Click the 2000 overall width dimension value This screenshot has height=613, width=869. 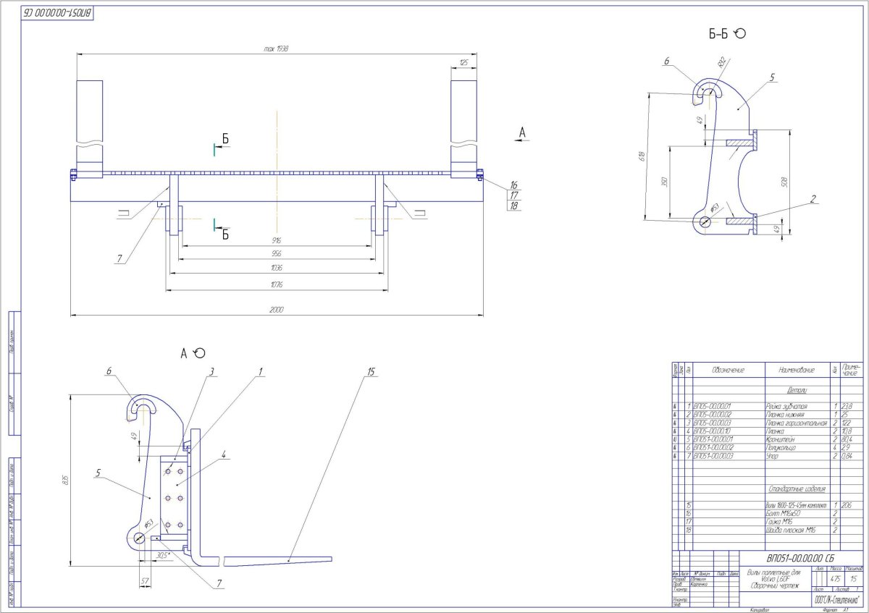click(x=277, y=310)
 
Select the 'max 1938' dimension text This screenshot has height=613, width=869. click(x=277, y=48)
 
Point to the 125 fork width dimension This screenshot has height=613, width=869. click(x=463, y=63)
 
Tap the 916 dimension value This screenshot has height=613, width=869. click(x=277, y=240)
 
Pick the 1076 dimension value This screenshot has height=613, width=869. click(x=277, y=283)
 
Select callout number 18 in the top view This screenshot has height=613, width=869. click(x=513, y=206)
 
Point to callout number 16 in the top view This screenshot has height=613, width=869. click(x=513, y=185)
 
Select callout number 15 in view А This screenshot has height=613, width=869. click(x=371, y=372)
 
